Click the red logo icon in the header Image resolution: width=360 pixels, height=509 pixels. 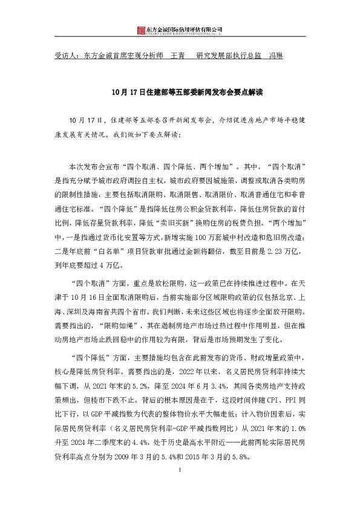pyautogui.click(x=141, y=30)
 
